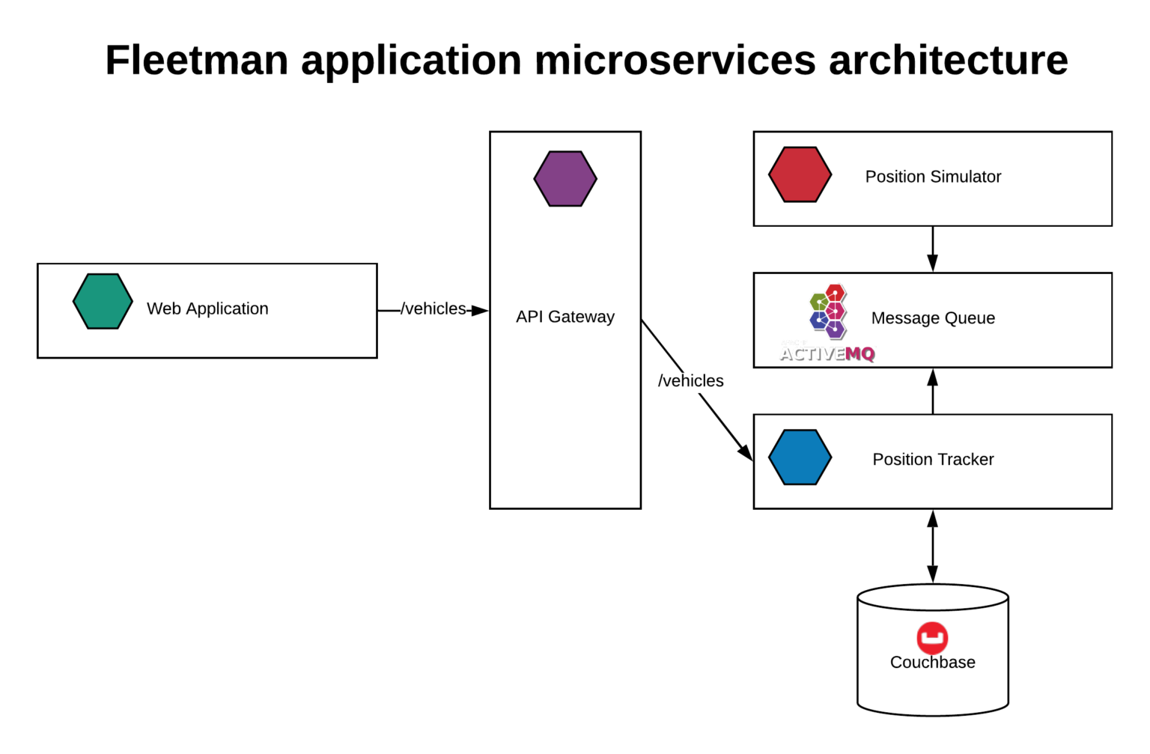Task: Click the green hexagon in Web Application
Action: (103, 302)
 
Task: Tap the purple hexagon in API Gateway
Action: (565, 179)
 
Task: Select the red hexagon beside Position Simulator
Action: (800, 174)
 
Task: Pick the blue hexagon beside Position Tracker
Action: (800, 457)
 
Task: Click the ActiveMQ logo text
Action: (827, 353)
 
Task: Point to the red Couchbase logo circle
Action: (932, 638)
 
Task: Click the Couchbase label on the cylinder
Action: (932, 663)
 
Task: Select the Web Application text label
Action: (207, 308)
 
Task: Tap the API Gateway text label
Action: (565, 317)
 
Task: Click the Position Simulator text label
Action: (933, 177)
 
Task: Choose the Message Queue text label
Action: (933, 318)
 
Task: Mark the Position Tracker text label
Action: (933, 460)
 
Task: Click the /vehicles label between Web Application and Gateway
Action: (433, 308)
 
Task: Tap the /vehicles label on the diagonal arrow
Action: (690, 381)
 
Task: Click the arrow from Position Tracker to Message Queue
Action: (932, 391)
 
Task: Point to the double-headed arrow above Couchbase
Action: (932, 547)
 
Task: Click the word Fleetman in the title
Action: (196, 60)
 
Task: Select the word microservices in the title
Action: (675, 60)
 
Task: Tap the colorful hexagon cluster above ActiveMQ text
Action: (828, 310)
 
